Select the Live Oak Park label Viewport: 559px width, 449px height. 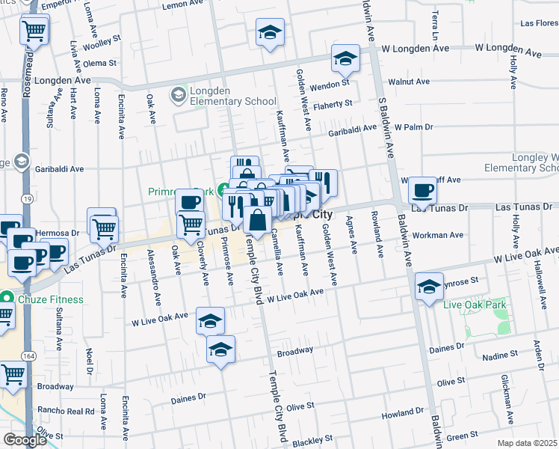474,305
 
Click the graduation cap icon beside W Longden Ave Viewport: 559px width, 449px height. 346,58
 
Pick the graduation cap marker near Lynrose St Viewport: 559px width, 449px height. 429,288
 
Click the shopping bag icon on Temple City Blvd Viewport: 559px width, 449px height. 256,221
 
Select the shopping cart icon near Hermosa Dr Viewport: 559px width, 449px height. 104,226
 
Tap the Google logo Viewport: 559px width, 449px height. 25,439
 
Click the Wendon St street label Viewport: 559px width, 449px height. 330,85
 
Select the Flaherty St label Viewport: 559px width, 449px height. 332,104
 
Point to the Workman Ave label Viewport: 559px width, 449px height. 442,235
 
